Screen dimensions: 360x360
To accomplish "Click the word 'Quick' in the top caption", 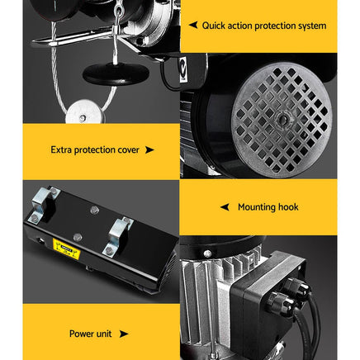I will tap(216, 26).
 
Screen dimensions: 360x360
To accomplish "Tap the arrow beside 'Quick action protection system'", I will tap(192, 26).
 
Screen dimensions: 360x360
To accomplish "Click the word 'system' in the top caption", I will tap(310, 26).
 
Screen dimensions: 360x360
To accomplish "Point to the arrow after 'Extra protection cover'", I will tap(149, 150).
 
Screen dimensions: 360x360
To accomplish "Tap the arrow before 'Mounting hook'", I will tap(225, 207).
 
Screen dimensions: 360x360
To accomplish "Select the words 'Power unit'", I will tap(91, 334).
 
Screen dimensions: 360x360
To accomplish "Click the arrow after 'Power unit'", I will tap(124, 334).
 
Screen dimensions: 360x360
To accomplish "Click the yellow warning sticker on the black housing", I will tap(66, 245).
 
